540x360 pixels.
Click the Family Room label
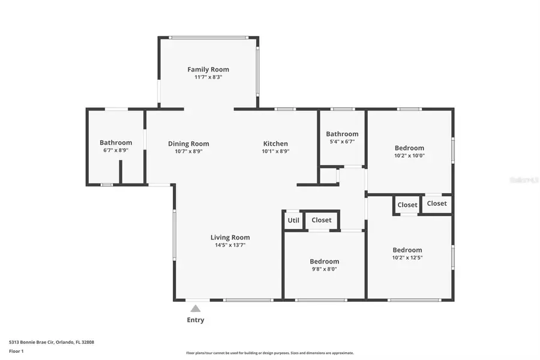click(x=208, y=70)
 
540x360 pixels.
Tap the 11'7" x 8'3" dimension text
click(x=208, y=77)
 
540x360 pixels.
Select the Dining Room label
click(x=188, y=144)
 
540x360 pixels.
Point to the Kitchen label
click(x=275, y=144)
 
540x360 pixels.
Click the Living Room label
click(x=230, y=238)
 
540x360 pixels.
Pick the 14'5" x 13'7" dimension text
click(x=230, y=245)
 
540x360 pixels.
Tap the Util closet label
click(x=293, y=220)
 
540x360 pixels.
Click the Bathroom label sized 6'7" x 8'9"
click(x=116, y=143)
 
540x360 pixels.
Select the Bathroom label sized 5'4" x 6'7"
click(x=342, y=134)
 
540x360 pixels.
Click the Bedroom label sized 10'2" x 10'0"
click(x=409, y=148)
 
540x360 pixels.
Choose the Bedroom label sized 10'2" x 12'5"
click(x=407, y=250)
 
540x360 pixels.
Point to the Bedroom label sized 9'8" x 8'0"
click(x=324, y=262)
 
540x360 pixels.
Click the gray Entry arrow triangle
click(x=196, y=309)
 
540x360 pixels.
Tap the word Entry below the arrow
click(x=196, y=320)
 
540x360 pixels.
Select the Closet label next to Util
click(x=322, y=220)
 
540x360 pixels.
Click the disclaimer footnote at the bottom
click(x=270, y=353)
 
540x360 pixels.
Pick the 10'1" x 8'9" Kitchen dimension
click(x=275, y=152)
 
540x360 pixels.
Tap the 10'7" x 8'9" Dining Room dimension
click(x=188, y=152)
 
